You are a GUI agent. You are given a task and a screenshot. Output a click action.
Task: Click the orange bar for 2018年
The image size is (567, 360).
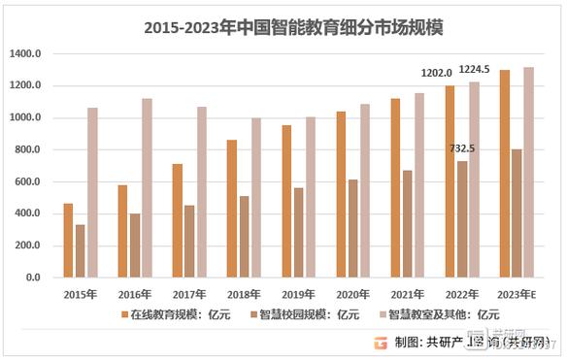(x=231, y=209)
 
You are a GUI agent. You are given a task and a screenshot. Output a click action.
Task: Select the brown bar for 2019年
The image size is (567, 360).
(x=298, y=232)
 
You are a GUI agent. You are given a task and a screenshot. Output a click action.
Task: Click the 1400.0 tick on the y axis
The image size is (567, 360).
(x=26, y=54)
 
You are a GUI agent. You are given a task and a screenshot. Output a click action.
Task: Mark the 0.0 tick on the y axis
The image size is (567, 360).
(x=33, y=278)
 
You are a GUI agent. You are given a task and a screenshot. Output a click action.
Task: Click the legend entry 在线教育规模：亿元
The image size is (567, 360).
(x=180, y=313)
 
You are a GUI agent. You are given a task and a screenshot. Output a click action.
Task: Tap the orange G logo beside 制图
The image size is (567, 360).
(x=382, y=342)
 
